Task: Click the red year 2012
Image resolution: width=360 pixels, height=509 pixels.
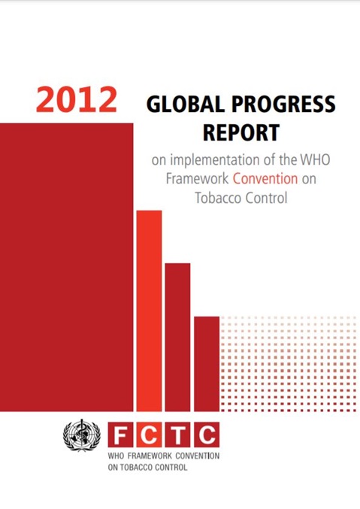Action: click(x=77, y=99)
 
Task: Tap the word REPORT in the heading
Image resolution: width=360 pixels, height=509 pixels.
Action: click(x=241, y=132)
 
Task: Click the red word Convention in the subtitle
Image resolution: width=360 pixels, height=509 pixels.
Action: click(x=265, y=178)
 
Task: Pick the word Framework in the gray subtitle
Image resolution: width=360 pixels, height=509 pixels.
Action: click(x=197, y=179)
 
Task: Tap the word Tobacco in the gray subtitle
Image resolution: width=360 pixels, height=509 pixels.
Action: click(x=217, y=198)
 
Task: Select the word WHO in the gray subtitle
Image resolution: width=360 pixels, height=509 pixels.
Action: click(x=315, y=159)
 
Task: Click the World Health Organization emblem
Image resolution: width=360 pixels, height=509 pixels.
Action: click(x=81, y=435)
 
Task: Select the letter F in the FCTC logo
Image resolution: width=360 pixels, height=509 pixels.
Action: click(x=120, y=435)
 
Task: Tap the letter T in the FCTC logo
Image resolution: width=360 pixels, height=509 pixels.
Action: click(x=178, y=435)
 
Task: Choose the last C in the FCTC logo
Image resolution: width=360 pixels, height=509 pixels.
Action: click(x=207, y=435)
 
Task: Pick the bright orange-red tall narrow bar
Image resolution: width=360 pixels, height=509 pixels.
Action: click(x=149, y=311)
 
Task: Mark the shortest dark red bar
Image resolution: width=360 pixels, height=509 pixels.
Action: click(x=207, y=364)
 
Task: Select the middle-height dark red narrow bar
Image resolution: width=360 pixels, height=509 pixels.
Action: click(x=177, y=338)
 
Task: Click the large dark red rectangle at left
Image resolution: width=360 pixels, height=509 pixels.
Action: click(x=67, y=267)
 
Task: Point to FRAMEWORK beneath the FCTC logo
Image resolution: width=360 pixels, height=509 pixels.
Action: click(x=150, y=456)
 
